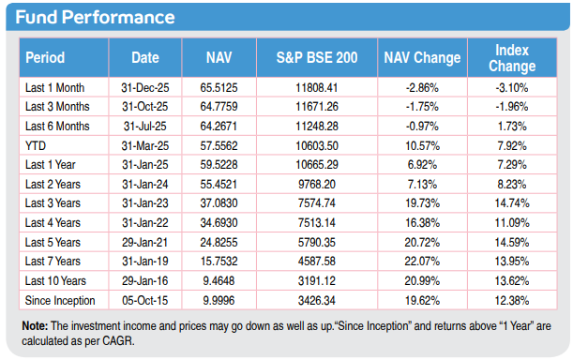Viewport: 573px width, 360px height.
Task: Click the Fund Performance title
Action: tap(95, 17)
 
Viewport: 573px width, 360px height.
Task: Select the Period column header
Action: tap(45, 58)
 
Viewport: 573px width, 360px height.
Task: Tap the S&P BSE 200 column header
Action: tap(317, 58)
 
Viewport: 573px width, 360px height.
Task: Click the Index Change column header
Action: tap(512, 58)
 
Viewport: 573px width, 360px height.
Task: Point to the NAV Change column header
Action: tap(422, 58)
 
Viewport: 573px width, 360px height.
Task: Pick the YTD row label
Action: tap(36, 146)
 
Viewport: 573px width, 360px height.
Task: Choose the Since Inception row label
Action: tap(60, 300)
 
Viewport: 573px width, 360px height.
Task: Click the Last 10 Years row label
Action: tap(55, 280)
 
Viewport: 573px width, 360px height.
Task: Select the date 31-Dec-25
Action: tap(145, 88)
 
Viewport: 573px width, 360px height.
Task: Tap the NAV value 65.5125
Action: tap(219, 88)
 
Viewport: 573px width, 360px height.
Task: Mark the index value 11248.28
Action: tap(317, 126)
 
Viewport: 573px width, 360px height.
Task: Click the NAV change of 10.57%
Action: tap(422, 146)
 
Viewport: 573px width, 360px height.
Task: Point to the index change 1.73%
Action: tap(512, 126)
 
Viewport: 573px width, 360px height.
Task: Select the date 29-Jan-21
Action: tap(145, 242)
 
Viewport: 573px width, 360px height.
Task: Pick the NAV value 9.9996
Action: tap(219, 300)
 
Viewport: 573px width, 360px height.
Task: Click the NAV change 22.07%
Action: tap(422, 262)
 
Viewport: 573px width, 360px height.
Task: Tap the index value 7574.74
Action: tap(317, 202)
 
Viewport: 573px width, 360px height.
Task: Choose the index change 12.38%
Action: tap(512, 300)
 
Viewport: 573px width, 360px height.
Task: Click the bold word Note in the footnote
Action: tap(35, 325)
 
